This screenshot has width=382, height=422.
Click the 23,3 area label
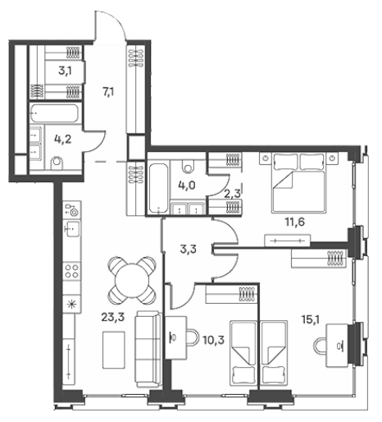pyautogui.click(x=113, y=318)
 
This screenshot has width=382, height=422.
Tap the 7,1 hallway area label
pyautogui.click(x=108, y=92)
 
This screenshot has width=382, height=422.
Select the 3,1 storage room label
pyautogui.click(x=66, y=71)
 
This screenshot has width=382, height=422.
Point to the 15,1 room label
pyautogui.click(x=311, y=319)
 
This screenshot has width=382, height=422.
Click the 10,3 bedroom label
pyautogui.click(x=214, y=340)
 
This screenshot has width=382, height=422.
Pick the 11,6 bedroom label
pyautogui.click(x=295, y=222)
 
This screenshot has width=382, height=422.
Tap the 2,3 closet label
pyautogui.click(x=232, y=194)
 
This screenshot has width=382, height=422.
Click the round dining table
pyautogui.click(x=132, y=281)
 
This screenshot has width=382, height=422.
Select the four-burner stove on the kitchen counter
pyautogui.click(x=72, y=271)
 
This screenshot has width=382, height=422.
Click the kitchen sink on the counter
pyautogui.click(x=72, y=229)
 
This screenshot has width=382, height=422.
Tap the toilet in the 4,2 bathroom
pyautogui.click(x=57, y=163)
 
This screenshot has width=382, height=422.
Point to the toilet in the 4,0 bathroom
pyautogui.click(x=188, y=166)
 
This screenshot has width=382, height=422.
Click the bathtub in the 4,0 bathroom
pyautogui.click(x=158, y=188)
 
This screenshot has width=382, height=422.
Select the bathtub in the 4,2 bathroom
pyautogui.click(x=54, y=113)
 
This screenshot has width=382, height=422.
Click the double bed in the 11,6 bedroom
pyautogui.click(x=298, y=182)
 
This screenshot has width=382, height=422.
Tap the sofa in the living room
pyautogui.click(x=148, y=349)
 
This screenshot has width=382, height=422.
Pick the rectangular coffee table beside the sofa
pyautogui.click(x=114, y=350)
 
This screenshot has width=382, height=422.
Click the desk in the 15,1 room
pyautogui.click(x=338, y=346)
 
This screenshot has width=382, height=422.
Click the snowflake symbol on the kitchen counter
pyautogui.click(x=71, y=305)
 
